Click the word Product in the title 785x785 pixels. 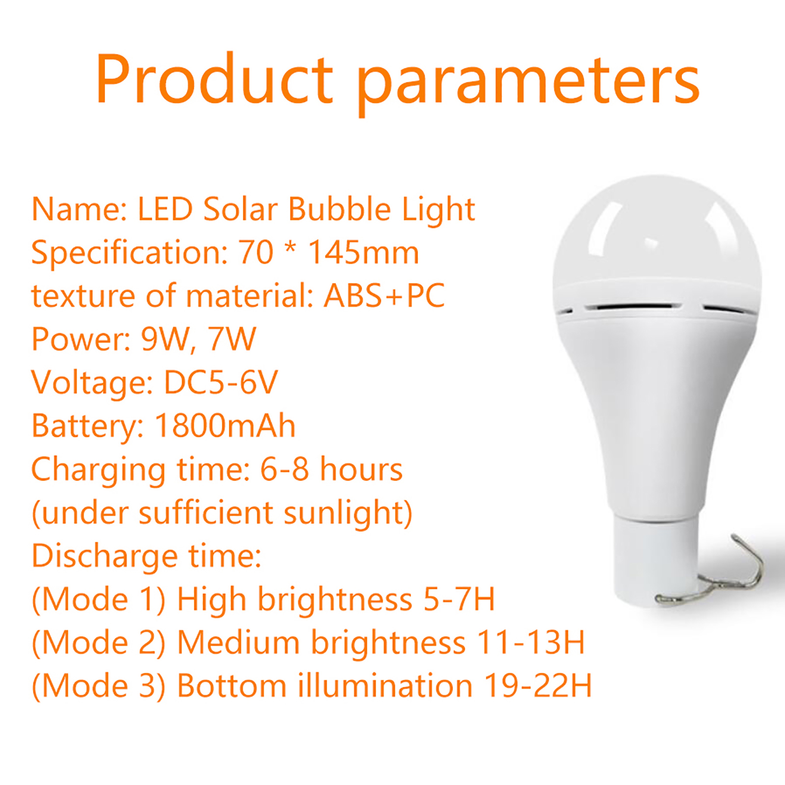215,79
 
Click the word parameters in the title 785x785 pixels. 527,83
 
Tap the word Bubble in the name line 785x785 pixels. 339,209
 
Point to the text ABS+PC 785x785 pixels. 384,295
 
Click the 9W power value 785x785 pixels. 165,339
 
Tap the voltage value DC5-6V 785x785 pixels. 221,382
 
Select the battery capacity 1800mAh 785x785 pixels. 225,425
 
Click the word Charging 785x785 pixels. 98,470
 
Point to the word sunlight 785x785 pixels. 343,513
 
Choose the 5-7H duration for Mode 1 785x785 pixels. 459,599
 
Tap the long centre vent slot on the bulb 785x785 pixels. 633,307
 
